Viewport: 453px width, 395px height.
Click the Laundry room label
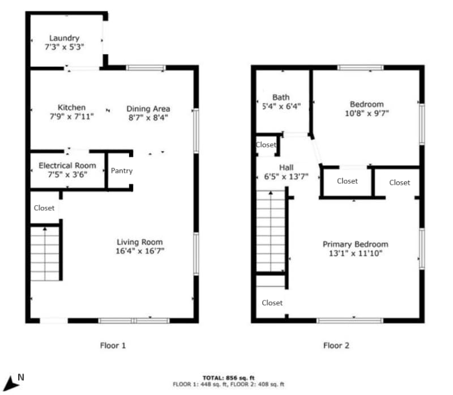64,39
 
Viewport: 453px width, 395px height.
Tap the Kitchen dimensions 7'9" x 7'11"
71,116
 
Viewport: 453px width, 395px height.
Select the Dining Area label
148,109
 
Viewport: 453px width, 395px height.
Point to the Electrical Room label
67,165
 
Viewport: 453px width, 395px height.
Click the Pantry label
121,171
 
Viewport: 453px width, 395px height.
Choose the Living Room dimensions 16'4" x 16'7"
140,250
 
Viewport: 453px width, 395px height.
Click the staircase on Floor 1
45,254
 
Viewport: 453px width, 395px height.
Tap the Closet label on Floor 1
44,208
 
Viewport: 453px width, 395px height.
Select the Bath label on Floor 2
281,97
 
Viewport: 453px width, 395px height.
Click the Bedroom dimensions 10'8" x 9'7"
366,113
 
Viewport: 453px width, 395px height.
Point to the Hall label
286,167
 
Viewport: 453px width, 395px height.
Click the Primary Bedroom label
355,244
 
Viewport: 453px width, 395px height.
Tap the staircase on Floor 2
271,232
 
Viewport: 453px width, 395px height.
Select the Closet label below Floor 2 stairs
272,303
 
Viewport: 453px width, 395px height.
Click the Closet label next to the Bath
266,145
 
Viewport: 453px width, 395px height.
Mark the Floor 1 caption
112,345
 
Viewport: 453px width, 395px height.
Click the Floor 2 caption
337,345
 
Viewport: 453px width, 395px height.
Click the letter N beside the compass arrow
21,376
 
